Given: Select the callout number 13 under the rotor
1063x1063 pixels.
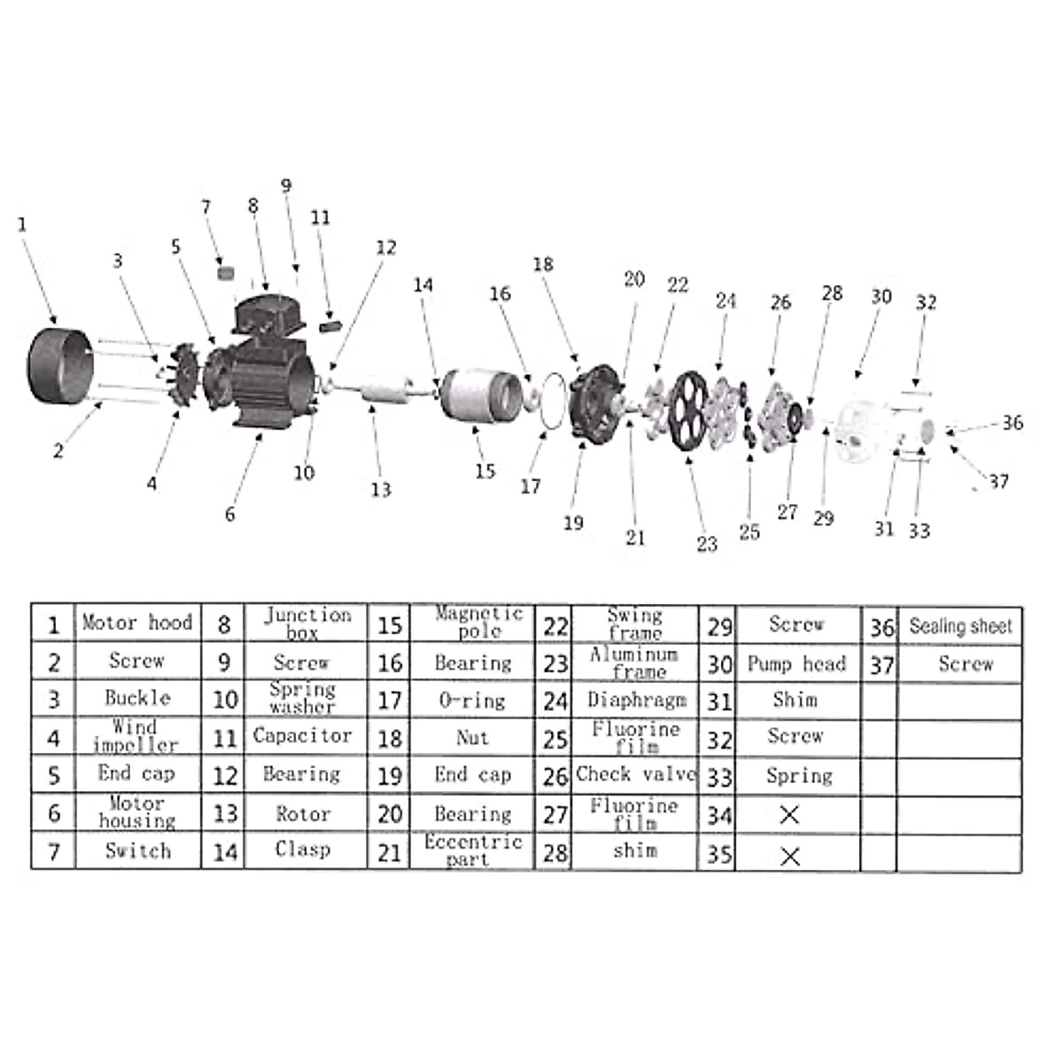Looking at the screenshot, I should tap(381, 489).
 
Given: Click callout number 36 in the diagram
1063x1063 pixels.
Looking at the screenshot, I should tap(1013, 423).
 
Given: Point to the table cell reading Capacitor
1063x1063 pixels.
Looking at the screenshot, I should tap(302, 735).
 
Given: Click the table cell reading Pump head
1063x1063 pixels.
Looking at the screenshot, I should tap(796, 663).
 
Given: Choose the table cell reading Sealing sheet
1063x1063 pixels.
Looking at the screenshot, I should tap(960, 626).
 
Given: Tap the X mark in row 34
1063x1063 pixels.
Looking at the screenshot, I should tap(789, 814).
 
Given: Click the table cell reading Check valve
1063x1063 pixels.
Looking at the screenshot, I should tap(635, 774).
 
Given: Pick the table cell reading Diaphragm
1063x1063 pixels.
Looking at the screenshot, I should tap(635, 700).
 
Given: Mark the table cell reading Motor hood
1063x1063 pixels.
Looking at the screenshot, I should tap(137, 623).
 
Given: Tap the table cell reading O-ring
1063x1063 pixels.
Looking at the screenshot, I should tap(471, 701).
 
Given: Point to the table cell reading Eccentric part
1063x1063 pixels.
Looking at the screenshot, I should tap(472, 850).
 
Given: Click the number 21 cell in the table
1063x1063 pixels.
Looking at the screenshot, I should tap(390, 853).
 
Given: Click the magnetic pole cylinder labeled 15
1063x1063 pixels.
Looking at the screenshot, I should tap(481, 394).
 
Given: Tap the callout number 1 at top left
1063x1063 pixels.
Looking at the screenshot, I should tap(22, 224).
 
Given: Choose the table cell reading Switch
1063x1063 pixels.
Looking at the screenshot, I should tap(137, 851).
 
